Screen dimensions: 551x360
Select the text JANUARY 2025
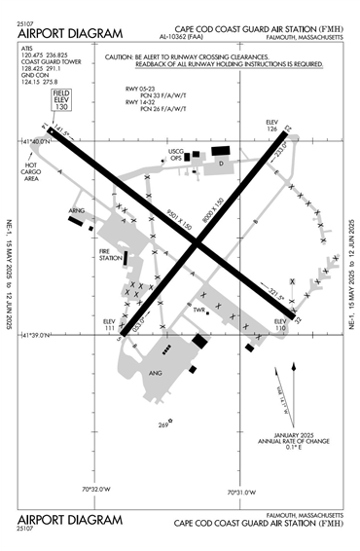287,433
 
